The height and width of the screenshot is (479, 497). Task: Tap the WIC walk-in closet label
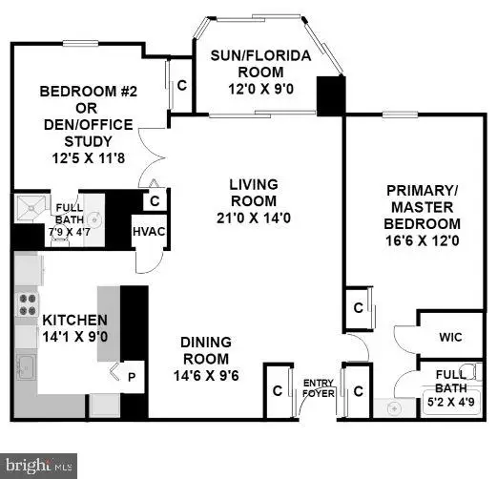coord(450,337)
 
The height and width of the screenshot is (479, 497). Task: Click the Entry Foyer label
coord(318,388)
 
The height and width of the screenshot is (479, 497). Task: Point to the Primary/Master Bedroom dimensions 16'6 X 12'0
coord(423,241)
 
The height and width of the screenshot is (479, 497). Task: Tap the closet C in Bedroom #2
coord(181,84)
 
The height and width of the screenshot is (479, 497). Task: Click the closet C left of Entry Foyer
coord(277,390)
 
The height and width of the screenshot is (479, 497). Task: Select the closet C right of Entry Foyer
coord(358,390)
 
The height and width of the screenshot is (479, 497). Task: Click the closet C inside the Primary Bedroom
coord(358,307)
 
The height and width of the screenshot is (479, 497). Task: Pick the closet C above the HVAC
coord(155,201)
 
